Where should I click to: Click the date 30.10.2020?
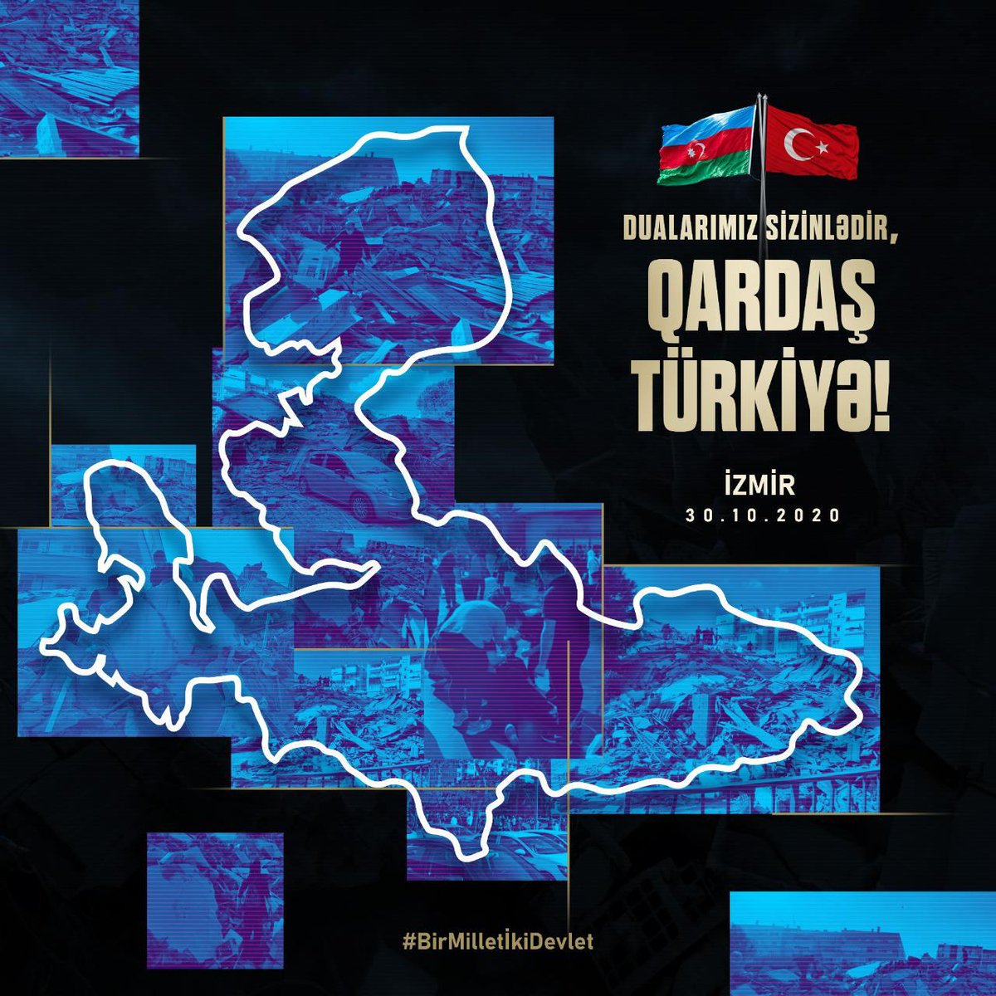764,515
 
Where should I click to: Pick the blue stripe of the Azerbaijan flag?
705,130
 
